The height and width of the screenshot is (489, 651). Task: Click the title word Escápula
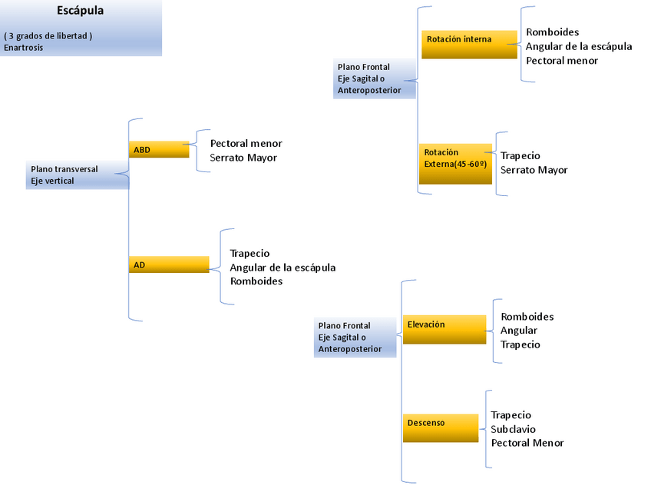(x=81, y=11)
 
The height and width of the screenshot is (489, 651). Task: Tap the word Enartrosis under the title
(x=24, y=48)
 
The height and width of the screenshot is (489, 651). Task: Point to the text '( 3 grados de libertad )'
(x=48, y=36)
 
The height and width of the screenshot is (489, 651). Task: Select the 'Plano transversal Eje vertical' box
(x=76, y=175)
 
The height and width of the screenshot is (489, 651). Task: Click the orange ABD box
(x=158, y=150)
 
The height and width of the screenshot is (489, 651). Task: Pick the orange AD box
(x=168, y=264)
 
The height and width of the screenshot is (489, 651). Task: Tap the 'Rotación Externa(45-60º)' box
(x=455, y=163)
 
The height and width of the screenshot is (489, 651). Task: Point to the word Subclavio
(x=514, y=429)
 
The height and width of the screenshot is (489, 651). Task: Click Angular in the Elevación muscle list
(x=519, y=331)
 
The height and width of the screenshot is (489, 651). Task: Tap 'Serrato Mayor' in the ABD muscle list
(x=243, y=158)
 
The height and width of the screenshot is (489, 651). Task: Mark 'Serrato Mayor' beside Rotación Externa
(x=534, y=170)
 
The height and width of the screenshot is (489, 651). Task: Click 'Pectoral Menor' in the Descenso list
(x=527, y=443)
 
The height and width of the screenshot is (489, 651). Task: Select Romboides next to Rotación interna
(x=553, y=32)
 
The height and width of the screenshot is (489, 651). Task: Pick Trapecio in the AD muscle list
(x=250, y=253)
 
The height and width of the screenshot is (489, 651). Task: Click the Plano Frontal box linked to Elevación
(x=355, y=337)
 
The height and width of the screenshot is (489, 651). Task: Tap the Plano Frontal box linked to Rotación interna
(x=375, y=78)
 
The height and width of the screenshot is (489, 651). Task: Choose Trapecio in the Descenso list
(x=511, y=415)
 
